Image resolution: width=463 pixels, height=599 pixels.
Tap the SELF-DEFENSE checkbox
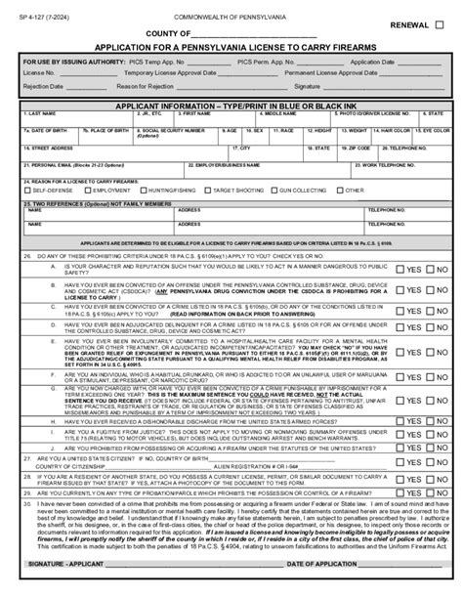26,190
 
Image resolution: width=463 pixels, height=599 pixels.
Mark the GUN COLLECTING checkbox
276,190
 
